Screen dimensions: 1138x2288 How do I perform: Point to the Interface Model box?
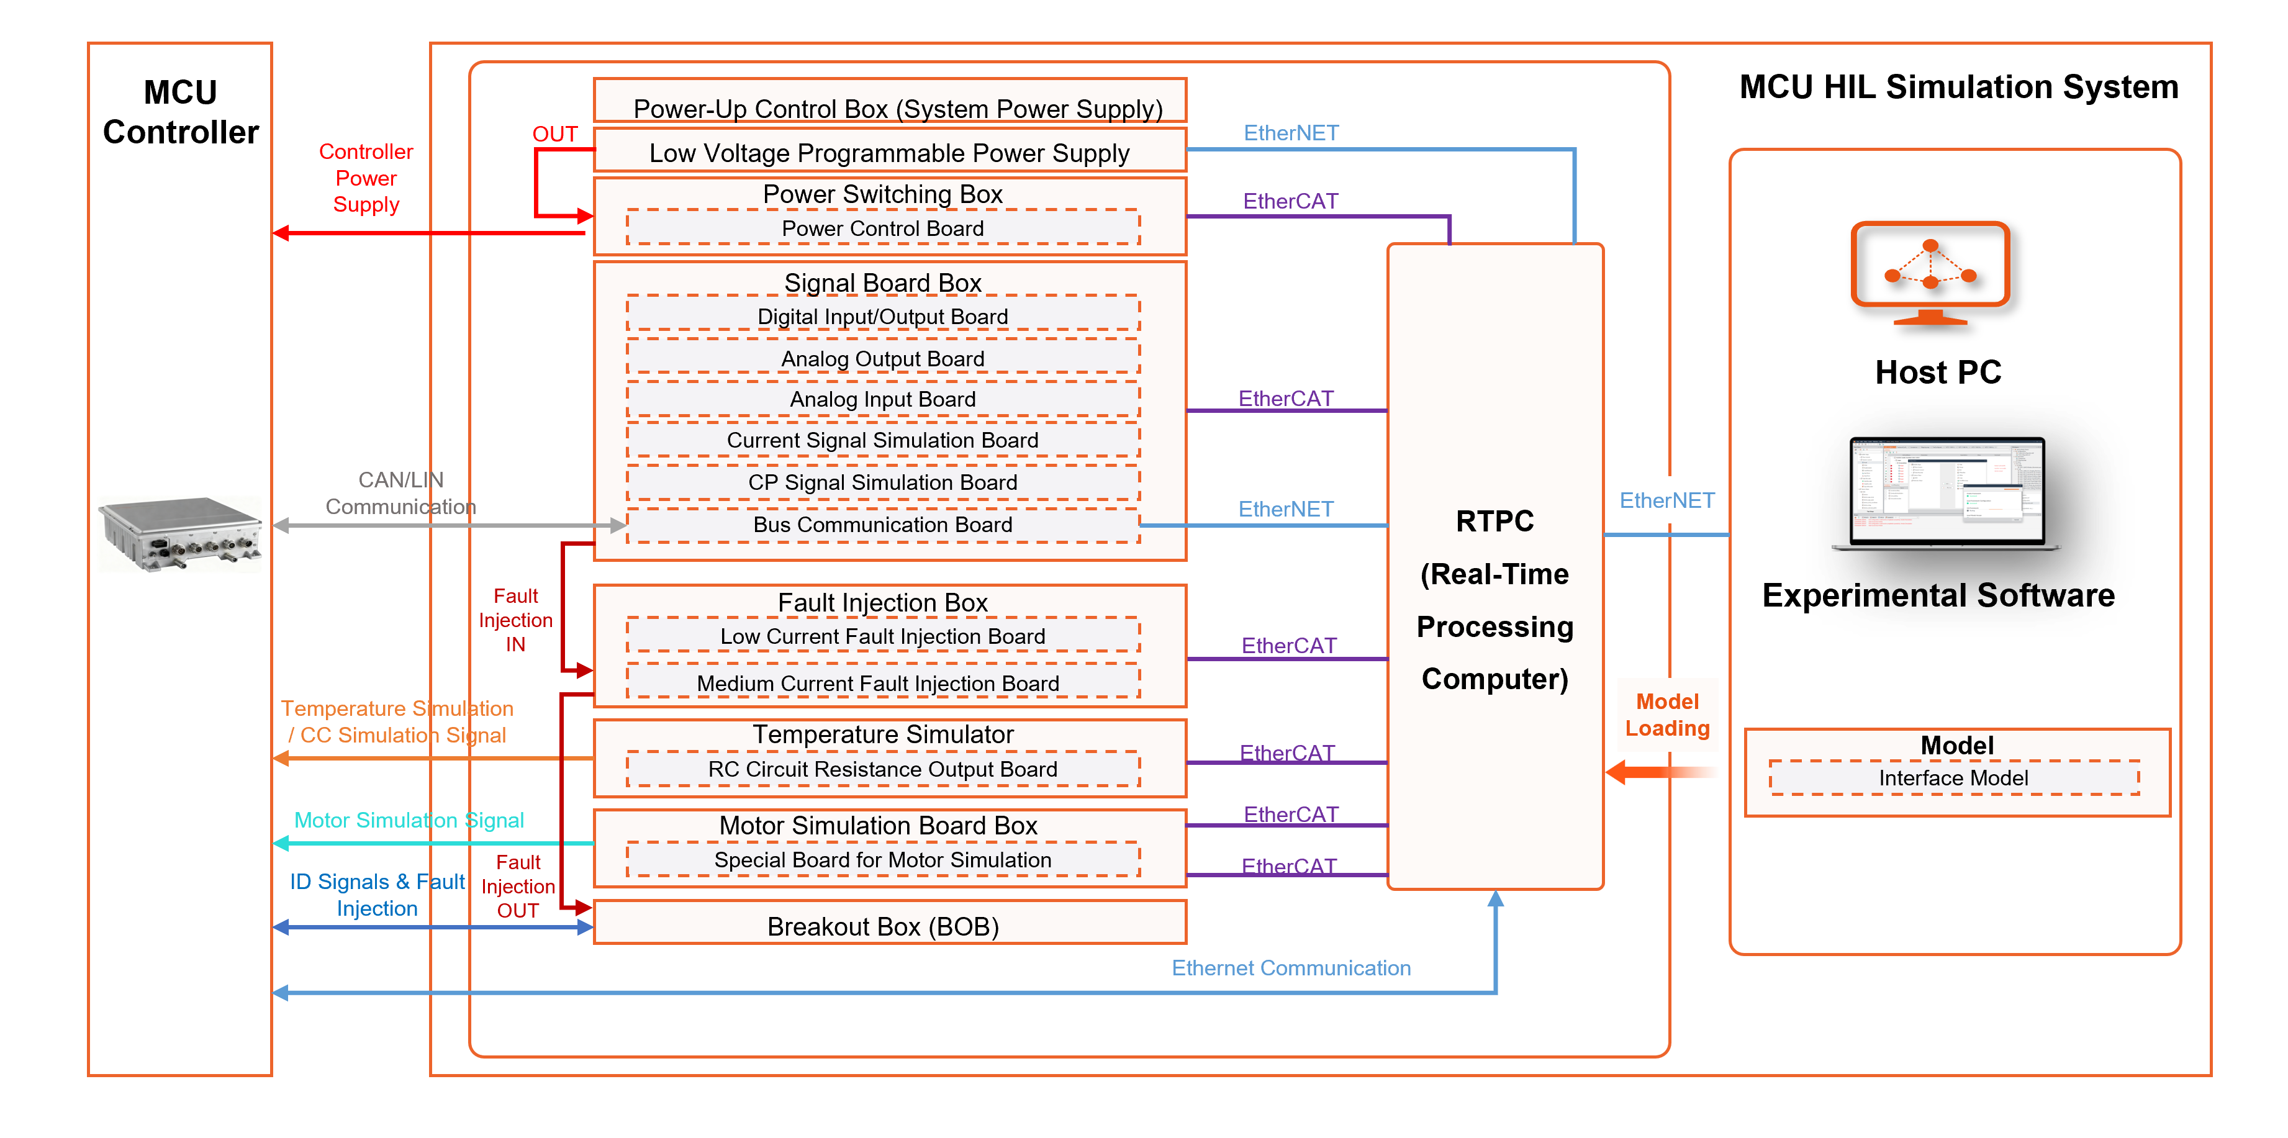pyautogui.click(x=1953, y=778)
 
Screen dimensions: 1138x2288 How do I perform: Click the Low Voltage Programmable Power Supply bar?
pyautogui.click(x=889, y=152)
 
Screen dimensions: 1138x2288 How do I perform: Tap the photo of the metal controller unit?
pyautogui.click(x=179, y=534)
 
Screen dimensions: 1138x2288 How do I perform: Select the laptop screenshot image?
pyautogui.click(x=1945, y=493)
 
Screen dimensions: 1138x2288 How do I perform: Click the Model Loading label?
pyautogui.click(x=1667, y=715)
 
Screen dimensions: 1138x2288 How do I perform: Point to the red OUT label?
pyautogui.click(x=555, y=134)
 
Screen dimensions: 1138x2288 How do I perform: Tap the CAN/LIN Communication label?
pyautogui.click(x=400, y=493)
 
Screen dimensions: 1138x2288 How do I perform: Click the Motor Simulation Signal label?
pyautogui.click(x=409, y=820)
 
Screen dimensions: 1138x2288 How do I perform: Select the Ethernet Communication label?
pyautogui.click(x=1291, y=969)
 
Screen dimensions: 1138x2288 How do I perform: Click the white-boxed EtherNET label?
pyautogui.click(x=1667, y=500)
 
